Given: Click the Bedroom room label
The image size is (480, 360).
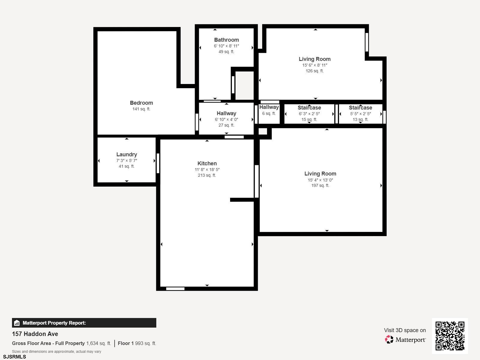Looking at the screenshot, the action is pos(141,103).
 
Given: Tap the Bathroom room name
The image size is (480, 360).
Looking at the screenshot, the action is pos(226,40).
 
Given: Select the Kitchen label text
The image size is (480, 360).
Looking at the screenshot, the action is pos(207,163).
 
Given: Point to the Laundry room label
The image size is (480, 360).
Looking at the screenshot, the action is pos(127,154).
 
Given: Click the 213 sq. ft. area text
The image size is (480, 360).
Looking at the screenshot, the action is pos(207,175).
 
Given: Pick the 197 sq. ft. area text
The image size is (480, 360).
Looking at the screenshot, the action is pos(320,185).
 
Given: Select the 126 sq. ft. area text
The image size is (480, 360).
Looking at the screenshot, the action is pos(314,71).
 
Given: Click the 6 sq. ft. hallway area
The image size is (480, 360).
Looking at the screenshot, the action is pos(269,113).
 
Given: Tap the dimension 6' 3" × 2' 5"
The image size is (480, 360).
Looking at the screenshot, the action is pos(309,114).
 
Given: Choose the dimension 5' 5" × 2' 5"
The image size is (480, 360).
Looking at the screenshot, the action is pos(360,114).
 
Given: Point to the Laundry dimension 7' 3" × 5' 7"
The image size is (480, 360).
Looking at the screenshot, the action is pos(127,160).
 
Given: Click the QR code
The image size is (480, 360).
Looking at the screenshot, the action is pos(450,336).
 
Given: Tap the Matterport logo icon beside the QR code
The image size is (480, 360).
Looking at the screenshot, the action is pos(389,340).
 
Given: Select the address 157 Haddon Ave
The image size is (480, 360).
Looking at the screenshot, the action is pos(35,334).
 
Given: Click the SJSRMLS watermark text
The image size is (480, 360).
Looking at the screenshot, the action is pos(14,357).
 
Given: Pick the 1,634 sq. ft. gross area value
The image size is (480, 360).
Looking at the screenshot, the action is pos(99,343).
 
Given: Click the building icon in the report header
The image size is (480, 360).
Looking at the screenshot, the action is pos(17,323).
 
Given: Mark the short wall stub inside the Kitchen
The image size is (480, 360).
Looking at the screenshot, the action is pos(242,199).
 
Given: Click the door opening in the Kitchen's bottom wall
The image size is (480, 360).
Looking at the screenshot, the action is pos(175,289).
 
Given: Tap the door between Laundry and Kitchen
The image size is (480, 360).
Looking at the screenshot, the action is pos(158,163).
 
